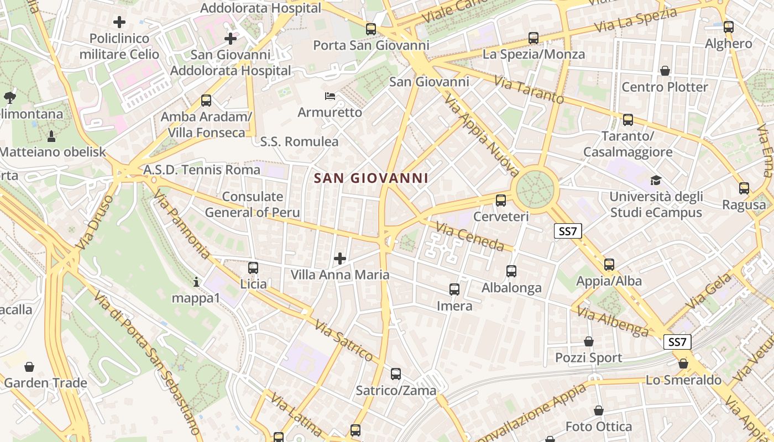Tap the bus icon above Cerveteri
coord(501,201)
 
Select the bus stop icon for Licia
coord(253,268)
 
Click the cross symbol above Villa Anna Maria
coord(340,258)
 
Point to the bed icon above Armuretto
coord(330,96)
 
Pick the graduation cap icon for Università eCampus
coord(656,180)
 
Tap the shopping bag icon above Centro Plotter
coord(665,71)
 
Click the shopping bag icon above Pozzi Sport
coord(589,341)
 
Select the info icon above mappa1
coord(196,282)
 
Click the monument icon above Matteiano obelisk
coord(51,136)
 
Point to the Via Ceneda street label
coord(470,236)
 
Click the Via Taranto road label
coord(529,91)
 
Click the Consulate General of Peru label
coord(253,204)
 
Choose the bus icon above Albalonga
coord(511,271)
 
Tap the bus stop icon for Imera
coord(454,290)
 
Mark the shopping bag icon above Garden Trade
coord(29,367)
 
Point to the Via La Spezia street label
coord(636,20)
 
